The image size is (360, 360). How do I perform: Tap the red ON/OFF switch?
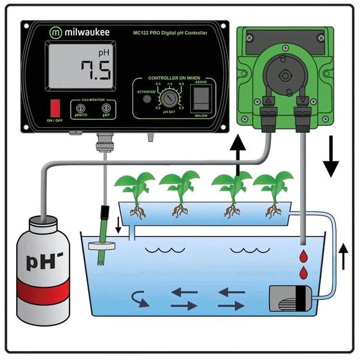point(55,108)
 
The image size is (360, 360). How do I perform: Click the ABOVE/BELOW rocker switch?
point(201,97)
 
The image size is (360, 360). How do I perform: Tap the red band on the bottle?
point(43,292)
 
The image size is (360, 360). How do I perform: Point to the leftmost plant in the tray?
point(135,190)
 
